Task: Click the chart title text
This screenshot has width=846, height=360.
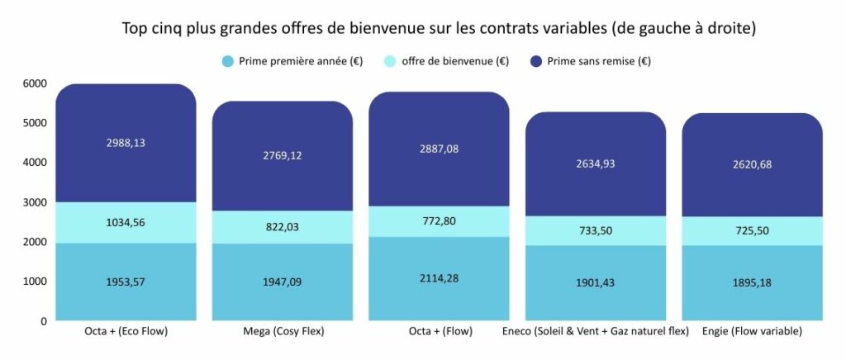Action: pos(439,28)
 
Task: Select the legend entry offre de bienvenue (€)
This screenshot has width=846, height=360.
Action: pos(454,61)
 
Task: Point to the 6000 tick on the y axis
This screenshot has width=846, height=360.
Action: pos(36,83)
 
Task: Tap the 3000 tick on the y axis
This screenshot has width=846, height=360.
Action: pos(36,202)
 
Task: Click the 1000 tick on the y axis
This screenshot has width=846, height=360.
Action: pos(36,282)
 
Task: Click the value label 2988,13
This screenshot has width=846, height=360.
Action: pos(126,142)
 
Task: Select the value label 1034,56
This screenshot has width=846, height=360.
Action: pos(126,222)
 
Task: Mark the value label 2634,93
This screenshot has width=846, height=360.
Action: pos(595,163)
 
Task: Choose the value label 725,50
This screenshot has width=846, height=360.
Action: pos(751,231)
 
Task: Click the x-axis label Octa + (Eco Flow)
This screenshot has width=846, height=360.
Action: pos(126,332)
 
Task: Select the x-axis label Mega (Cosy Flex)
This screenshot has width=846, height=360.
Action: pos(282,332)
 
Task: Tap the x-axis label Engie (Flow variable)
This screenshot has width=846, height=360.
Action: pos(752,332)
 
